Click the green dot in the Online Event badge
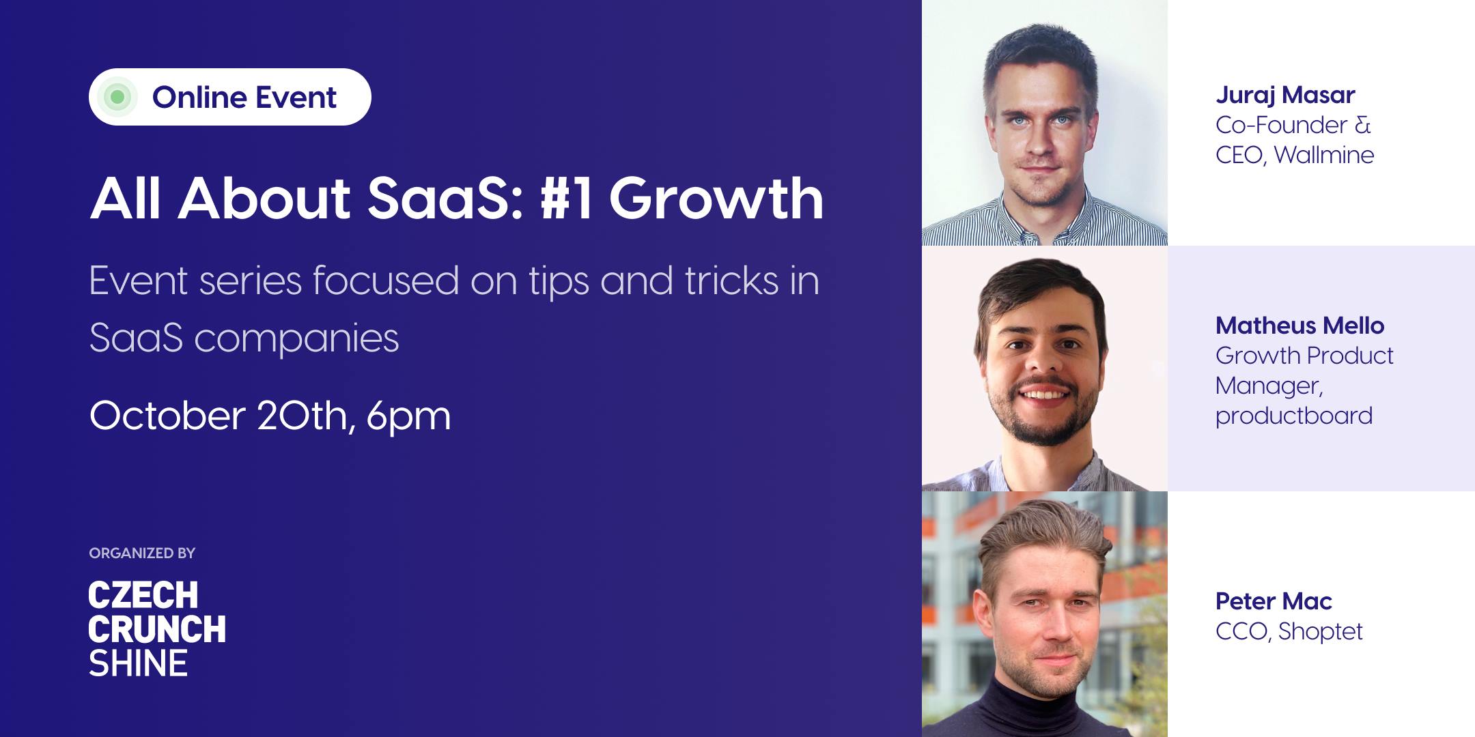pyautogui.click(x=117, y=97)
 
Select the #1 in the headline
pyautogui.click(x=566, y=199)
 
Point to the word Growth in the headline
pyautogui.click(x=716, y=199)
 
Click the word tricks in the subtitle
pyautogui.click(x=731, y=281)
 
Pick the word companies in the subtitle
pyautogui.click(x=296, y=339)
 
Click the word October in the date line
pyautogui.click(x=167, y=416)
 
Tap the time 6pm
pyautogui.click(x=408, y=417)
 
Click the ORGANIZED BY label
pyautogui.click(x=142, y=553)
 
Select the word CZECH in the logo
pyautogui.click(x=143, y=595)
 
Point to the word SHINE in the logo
pyautogui.click(x=138, y=663)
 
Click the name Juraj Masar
pyautogui.click(x=1285, y=95)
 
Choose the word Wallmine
pyautogui.click(x=1324, y=155)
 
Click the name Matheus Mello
pyautogui.click(x=1300, y=326)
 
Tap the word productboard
pyautogui.click(x=1294, y=416)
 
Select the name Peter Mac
pyautogui.click(x=1274, y=601)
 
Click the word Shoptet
pyautogui.click(x=1320, y=631)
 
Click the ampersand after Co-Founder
pyautogui.click(x=1362, y=125)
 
